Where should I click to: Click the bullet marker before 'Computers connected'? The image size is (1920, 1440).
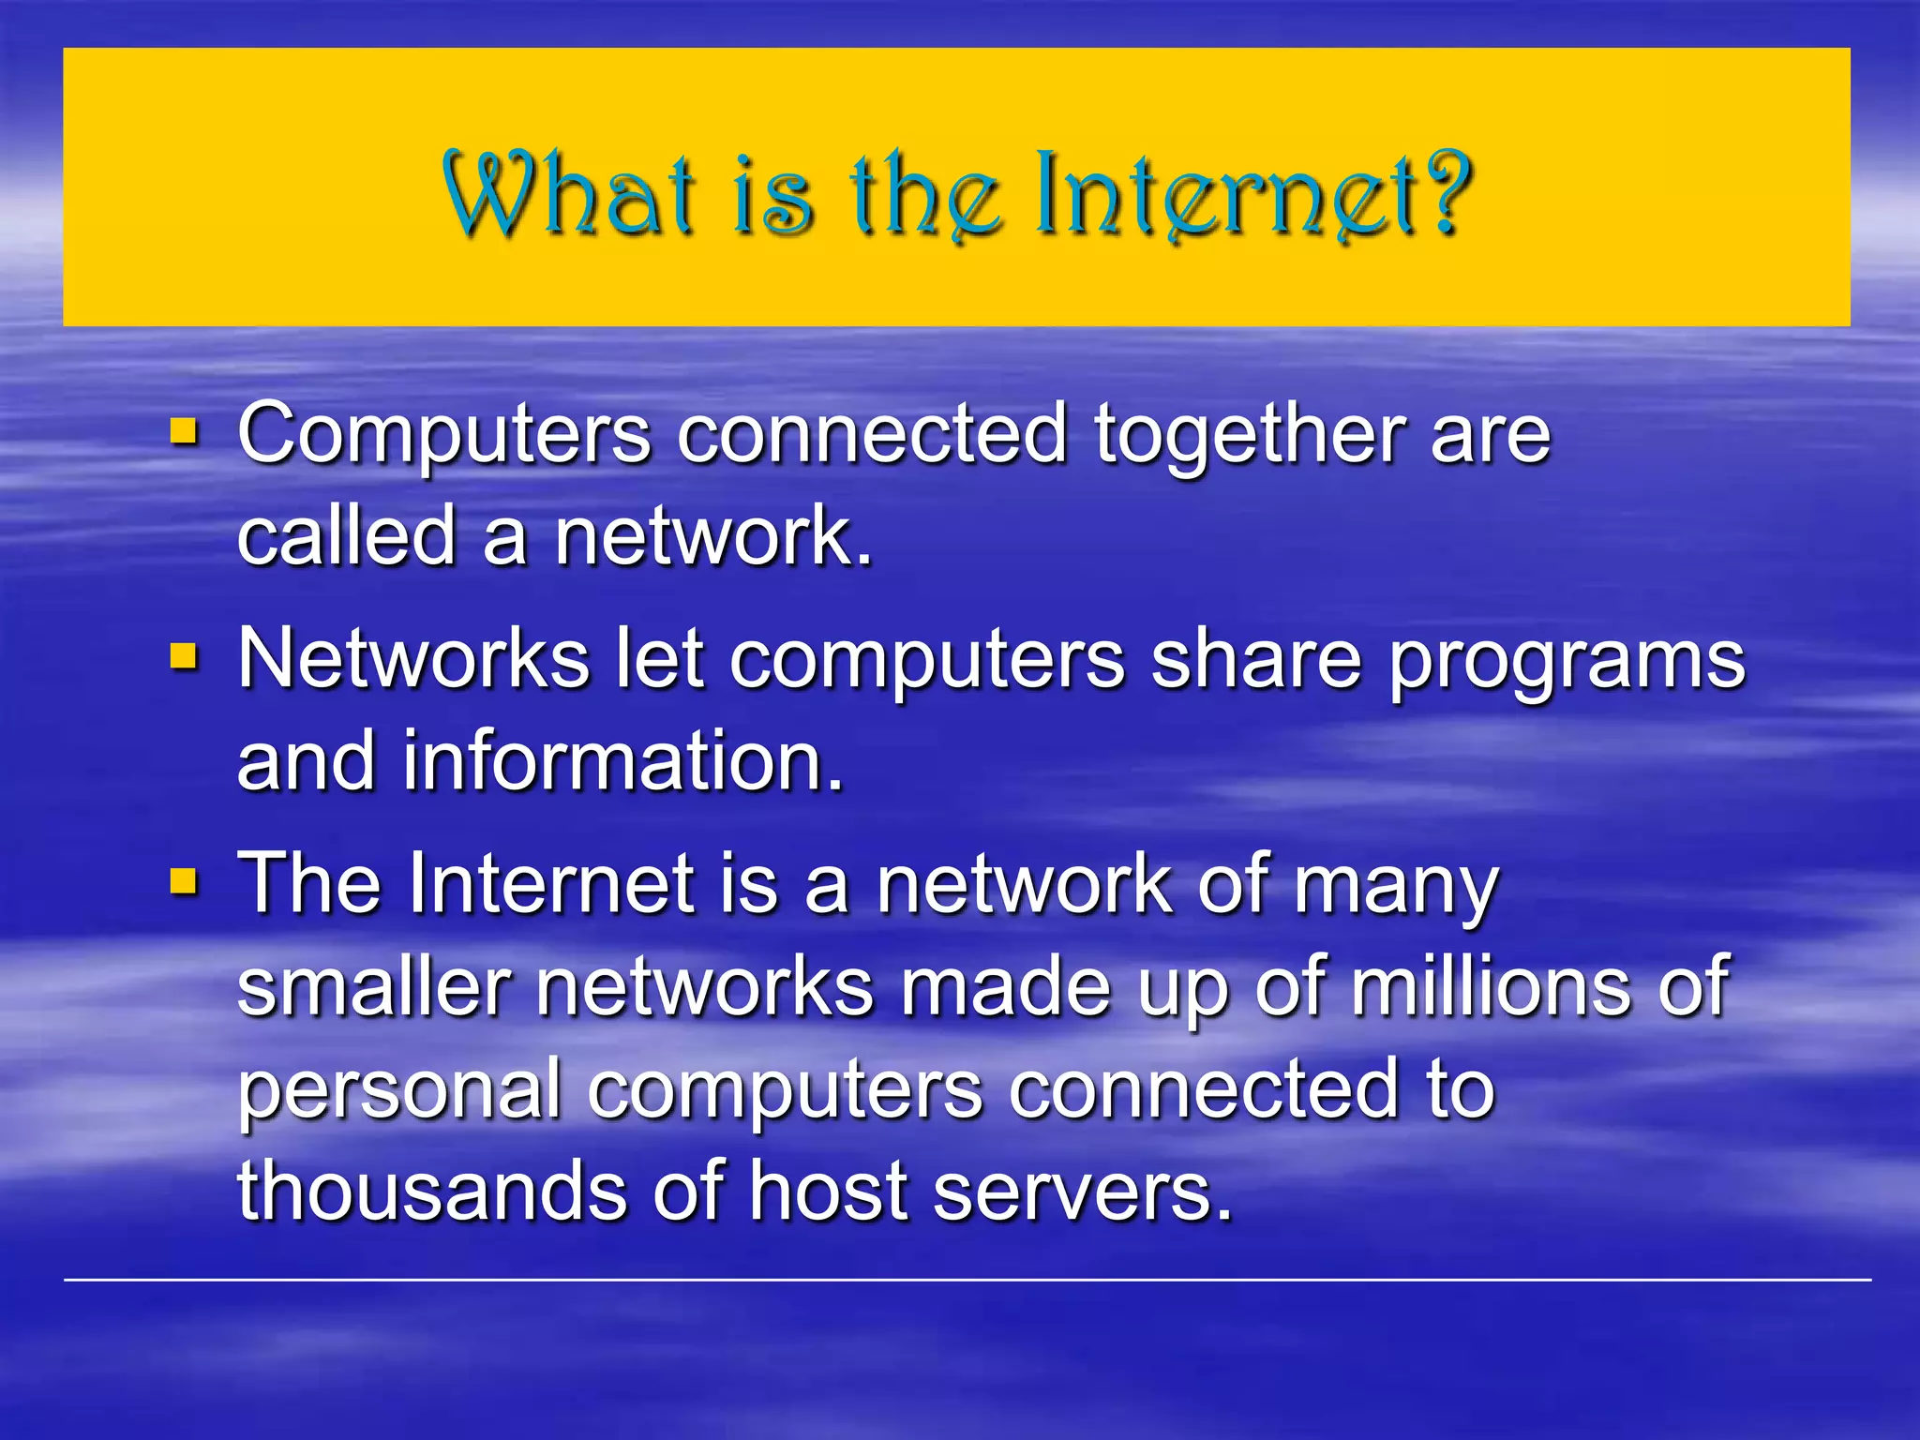pos(185,432)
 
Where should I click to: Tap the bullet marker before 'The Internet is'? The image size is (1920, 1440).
pos(185,881)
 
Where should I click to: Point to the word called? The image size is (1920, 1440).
pos(346,536)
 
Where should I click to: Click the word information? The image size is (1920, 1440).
pos(623,760)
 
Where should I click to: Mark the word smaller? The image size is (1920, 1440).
pos(373,986)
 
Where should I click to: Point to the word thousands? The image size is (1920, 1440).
pos(431,1191)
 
